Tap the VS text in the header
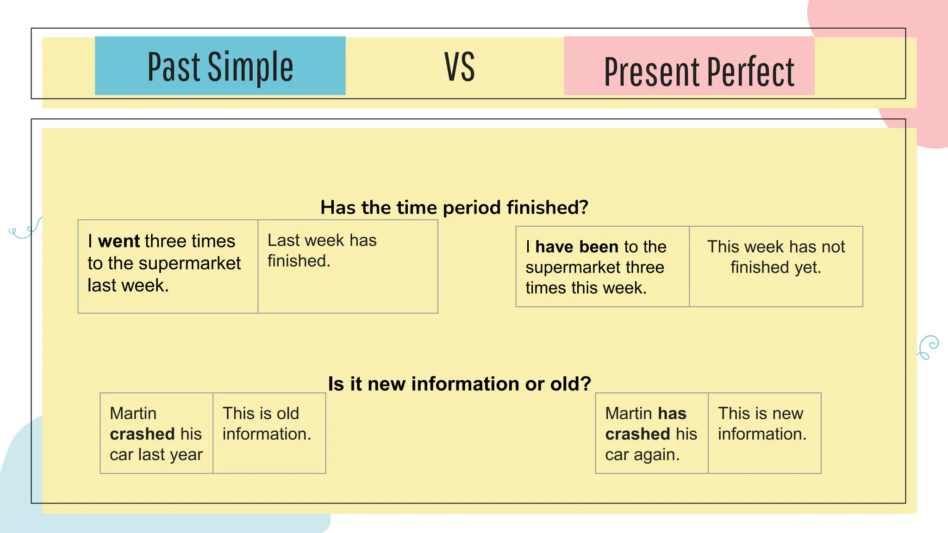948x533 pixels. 459,67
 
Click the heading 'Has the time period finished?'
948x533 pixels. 454,207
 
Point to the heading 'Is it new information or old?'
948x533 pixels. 459,384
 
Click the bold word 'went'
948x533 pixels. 118,241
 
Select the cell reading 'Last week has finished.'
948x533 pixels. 347,266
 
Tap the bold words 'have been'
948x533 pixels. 576,247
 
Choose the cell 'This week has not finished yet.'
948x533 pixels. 776,266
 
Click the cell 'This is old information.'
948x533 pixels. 269,433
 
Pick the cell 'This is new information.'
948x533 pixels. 764,433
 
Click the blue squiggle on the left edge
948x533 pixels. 25,229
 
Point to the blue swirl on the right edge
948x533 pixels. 928,347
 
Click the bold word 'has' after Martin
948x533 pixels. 672,413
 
